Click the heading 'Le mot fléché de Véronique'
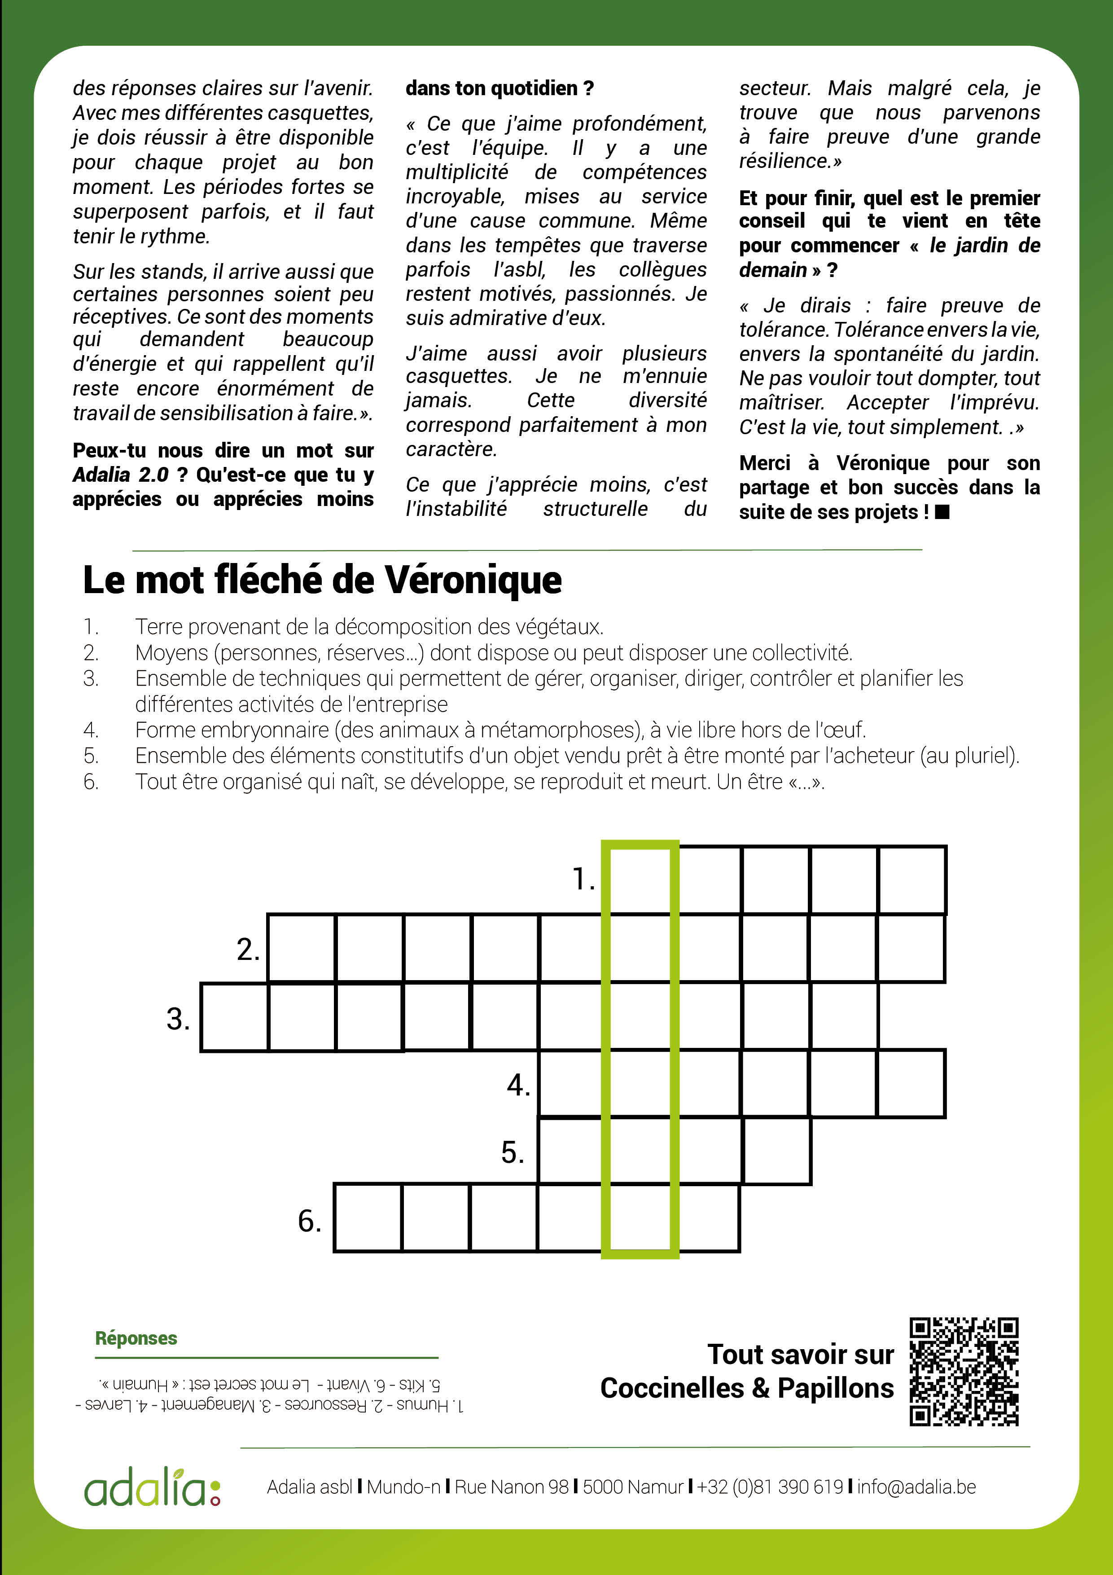[x=322, y=580]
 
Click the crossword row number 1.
[x=583, y=879]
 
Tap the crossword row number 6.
[x=309, y=1220]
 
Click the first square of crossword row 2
[x=301, y=948]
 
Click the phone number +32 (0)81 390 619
[x=769, y=1487]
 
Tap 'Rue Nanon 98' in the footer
[x=512, y=1487]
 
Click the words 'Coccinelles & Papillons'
[x=747, y=1388]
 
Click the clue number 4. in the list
[x=91, y=730]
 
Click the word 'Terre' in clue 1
[x=160, y=626]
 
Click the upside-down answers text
[x=269, y=1394]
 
